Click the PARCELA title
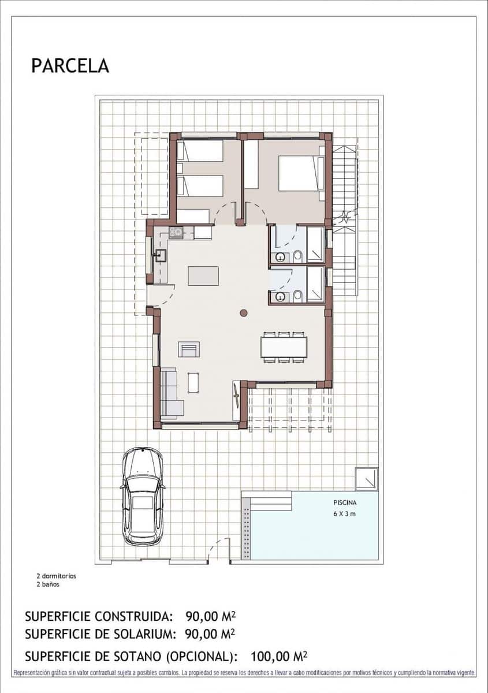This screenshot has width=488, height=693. [70, 66]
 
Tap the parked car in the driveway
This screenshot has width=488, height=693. [143, 496]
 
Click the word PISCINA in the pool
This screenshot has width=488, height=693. [344, 502]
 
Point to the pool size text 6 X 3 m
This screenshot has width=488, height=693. [344, 514]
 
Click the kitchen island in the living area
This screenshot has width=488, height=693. [203, 275]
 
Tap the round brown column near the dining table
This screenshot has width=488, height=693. [244, 313]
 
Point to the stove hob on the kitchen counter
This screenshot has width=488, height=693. [176, 232]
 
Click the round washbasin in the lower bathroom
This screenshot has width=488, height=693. [280, 297]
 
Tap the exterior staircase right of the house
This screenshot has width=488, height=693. [344, 219]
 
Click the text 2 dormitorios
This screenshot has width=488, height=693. [56, 576]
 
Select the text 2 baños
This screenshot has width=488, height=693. [47, 584]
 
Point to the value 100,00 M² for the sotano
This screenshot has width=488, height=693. [278, 656]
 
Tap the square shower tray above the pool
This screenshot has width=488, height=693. [367, 479]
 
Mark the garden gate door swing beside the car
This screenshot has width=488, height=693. [219, 549]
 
